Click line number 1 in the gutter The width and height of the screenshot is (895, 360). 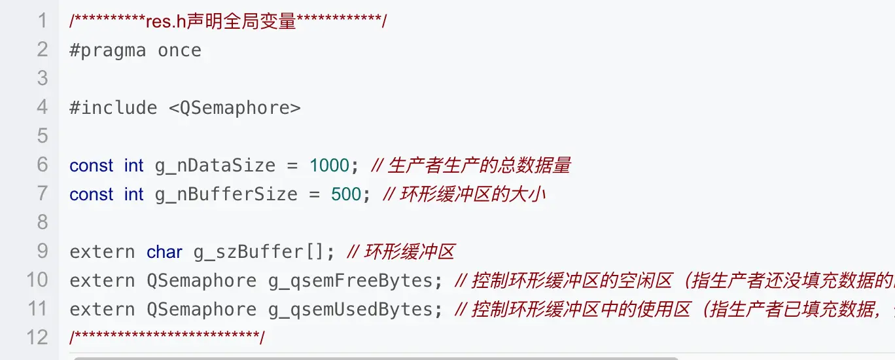(x=43, y=21)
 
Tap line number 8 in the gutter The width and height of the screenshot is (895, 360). (x=43, y=223)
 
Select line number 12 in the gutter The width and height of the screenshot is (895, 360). (x=37, y=338)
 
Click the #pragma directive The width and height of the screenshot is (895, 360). (x=107, y=50)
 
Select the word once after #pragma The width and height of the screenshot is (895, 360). (x=179, y=50)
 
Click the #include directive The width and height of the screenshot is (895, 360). (x=113, y=107)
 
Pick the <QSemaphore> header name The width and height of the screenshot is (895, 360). (x=235, y=107)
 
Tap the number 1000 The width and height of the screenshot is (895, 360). (x=330, y=166)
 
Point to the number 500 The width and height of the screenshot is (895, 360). (x=346, y=194)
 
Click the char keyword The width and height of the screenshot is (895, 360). (x=164, y=252)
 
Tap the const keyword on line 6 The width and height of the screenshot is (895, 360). (x=92, y=166)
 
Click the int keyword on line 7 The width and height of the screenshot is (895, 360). (x=134, y=194)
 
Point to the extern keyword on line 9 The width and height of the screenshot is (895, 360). (x=102, y=252)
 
